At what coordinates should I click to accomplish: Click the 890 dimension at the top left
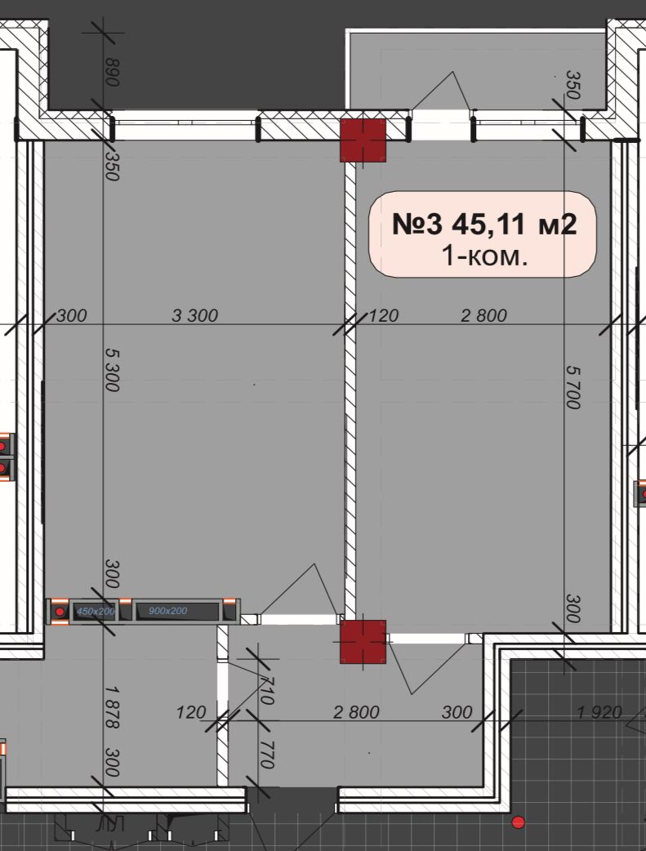point(111,72)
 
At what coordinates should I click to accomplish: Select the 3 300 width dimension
point(195,315)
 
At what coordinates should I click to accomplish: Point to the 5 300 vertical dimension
point(111,370)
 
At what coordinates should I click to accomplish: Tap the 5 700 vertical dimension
point(573,387)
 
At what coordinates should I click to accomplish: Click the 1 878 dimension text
point(112,706)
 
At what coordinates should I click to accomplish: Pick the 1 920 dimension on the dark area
point(599,711)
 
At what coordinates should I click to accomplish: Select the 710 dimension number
point(266,690)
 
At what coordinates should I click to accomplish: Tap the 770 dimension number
point(265,755)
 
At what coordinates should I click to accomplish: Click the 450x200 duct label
point(96,612)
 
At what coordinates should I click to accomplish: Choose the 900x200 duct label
point(167,611)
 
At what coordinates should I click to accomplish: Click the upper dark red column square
point(363,140)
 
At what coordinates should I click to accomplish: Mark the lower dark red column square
point(363,642)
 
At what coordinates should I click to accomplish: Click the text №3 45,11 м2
point(484,224)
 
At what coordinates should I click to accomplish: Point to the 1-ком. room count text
point(485,256)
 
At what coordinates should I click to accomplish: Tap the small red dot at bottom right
point(519,822)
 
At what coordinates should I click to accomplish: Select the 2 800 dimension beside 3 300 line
point(483,315)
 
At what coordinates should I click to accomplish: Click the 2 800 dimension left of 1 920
point(356,711)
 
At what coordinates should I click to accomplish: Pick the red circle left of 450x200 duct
point(59,613)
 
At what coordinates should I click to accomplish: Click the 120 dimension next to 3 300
point(384,315)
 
